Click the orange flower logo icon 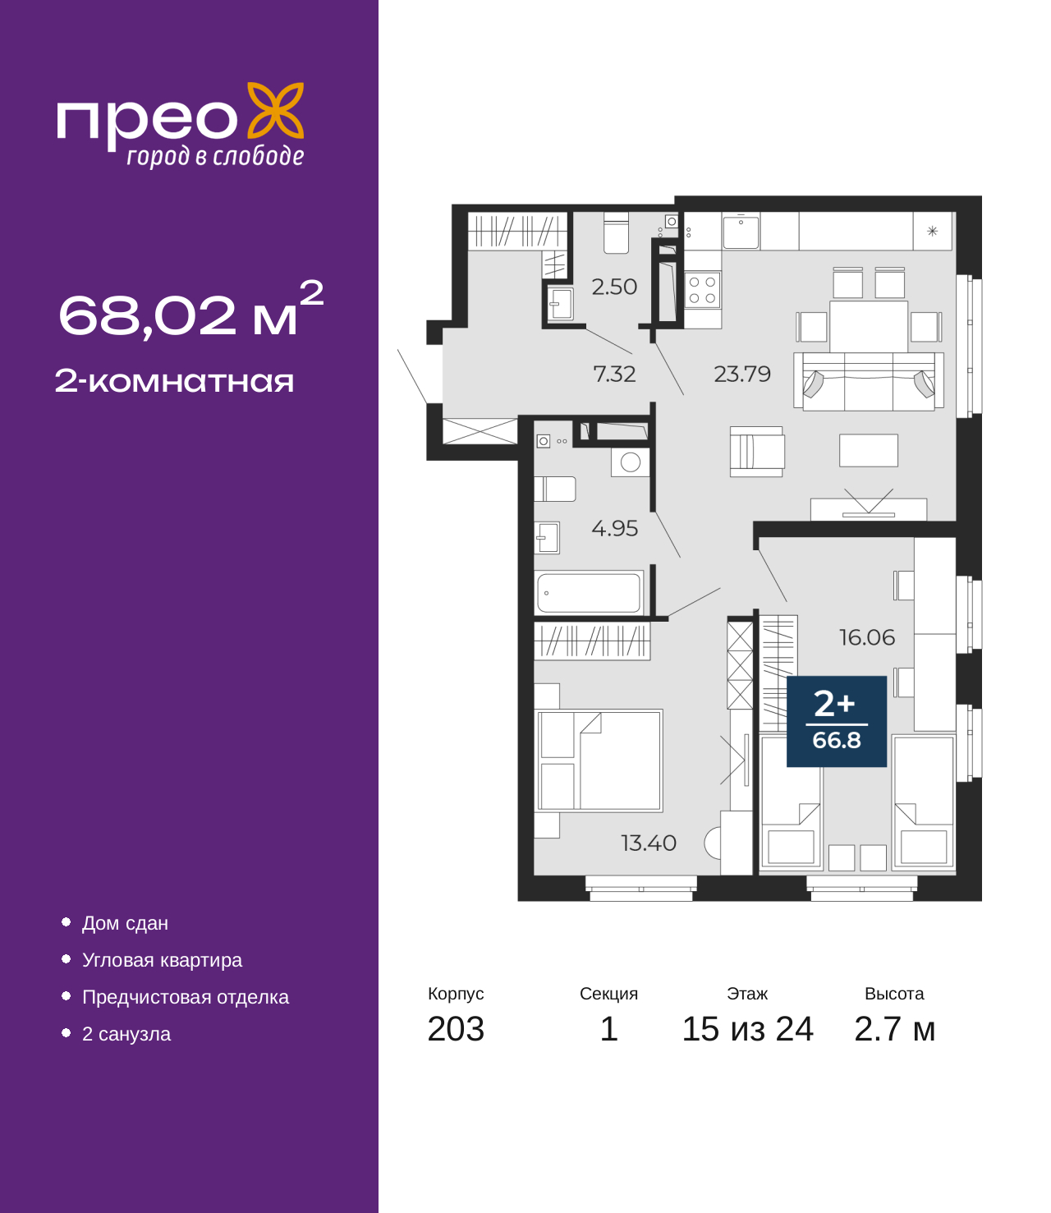pos(275,110)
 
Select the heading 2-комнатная pos(174,381)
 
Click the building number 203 pos(456,1029)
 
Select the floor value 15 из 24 pos(747,1029)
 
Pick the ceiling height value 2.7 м pos(894,1029)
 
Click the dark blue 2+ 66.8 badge pos(836,721)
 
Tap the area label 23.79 pos(741,374)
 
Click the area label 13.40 pos(649,843)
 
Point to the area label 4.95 pos(614,529)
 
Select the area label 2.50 pos(614,287)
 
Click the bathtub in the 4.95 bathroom pos(589,593)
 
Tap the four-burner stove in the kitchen pos(702,290)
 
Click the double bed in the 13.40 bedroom pos(599,760)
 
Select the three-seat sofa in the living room pos(869,381)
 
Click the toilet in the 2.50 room pos(616,233)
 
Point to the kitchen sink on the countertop pos(741,232)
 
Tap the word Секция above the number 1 pos(608,994)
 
